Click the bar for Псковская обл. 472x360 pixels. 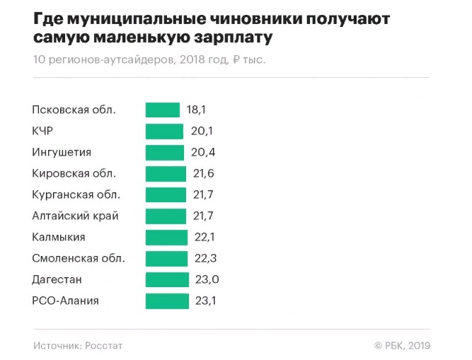(163, 110)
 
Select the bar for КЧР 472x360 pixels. (164, 131)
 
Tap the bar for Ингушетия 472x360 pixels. (164, 152)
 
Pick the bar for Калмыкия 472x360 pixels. (166, 237)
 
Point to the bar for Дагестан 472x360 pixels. (167, 279)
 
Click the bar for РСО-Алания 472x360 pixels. (167, 301)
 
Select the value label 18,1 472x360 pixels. (196, 110)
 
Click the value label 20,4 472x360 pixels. (203, 152)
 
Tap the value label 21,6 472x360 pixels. (204, 173)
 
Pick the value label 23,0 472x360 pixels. (207, 279)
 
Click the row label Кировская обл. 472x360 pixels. (74, 173)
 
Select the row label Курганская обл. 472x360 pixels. (76, 194)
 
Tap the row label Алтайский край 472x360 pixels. (75, 216)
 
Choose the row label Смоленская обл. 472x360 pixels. (79, 258)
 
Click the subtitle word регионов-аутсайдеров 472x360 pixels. (110, 60)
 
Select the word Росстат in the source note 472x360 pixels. (105, 346)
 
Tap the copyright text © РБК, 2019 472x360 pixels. (402, 346)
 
